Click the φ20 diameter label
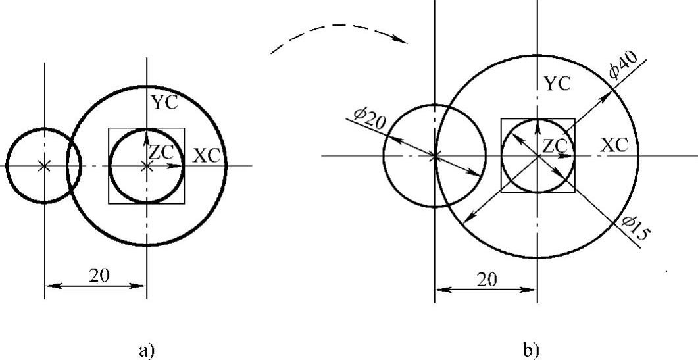[x=368, y=118]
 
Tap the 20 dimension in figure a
[x=99, y=276]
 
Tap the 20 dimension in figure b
[x=487, y=279]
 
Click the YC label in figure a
[x=164, y=103]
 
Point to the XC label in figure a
[x=207, y=156]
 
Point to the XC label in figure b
[x=614, y=145]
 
